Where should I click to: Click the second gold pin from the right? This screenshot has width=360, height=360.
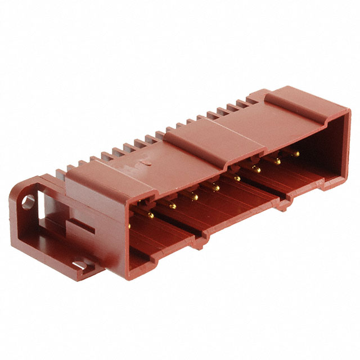click(277, 161)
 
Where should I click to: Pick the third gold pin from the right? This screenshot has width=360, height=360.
click(256, 169)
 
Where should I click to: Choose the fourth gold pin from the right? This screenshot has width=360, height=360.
click(237, 178)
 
